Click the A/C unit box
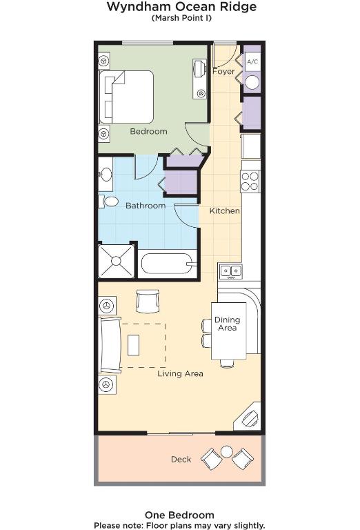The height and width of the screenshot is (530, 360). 252,61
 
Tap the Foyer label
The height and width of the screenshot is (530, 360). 223,71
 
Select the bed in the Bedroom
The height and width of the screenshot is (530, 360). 126,97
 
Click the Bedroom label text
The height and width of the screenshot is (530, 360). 148,131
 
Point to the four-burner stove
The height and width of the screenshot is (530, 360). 250,181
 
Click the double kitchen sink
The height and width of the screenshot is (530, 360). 230,271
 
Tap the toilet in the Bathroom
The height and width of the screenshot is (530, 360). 108,202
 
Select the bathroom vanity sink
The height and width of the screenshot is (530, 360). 106,175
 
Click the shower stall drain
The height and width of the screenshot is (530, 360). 116,261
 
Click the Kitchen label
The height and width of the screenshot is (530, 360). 225,211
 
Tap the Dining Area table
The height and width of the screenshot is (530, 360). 229,331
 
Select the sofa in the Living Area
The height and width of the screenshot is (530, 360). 110,345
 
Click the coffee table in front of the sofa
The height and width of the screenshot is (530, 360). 133,345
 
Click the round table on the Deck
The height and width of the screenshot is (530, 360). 227,451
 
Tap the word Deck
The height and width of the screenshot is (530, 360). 181,460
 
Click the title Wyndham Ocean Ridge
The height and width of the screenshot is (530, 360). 181,7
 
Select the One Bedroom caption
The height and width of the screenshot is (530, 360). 180,515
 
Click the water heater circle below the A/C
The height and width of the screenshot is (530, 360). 252,82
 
